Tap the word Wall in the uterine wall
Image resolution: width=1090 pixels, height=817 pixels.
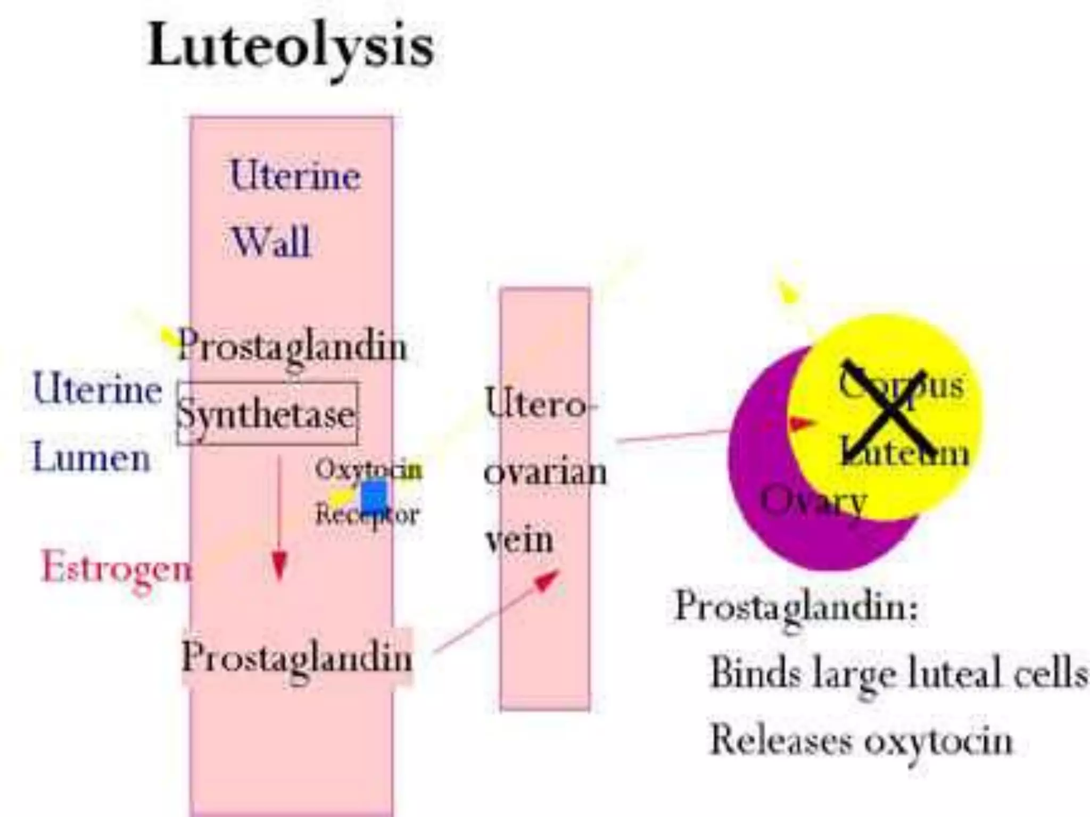click(x=271, y=242)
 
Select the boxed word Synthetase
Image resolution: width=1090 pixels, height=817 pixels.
click(x=266, y=414)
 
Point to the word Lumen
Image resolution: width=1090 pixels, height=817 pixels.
click(x=92, y=458)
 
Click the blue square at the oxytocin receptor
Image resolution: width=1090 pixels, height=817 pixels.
click(x=374, y=494)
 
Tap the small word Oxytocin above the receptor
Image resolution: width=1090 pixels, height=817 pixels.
click(x=368, y=469)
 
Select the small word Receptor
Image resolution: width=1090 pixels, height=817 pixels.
click(x=367, y=515)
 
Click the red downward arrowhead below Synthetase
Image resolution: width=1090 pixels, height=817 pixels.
click(x=279, y=566)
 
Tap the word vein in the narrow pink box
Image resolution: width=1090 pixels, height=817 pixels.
click(x=519, y=540)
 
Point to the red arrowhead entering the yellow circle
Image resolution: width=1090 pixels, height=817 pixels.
click(x=802, y=423)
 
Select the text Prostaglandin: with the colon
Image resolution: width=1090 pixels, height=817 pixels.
click(x=796, y=606)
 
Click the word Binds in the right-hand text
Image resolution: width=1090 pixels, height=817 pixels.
click(x=755, y=673)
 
